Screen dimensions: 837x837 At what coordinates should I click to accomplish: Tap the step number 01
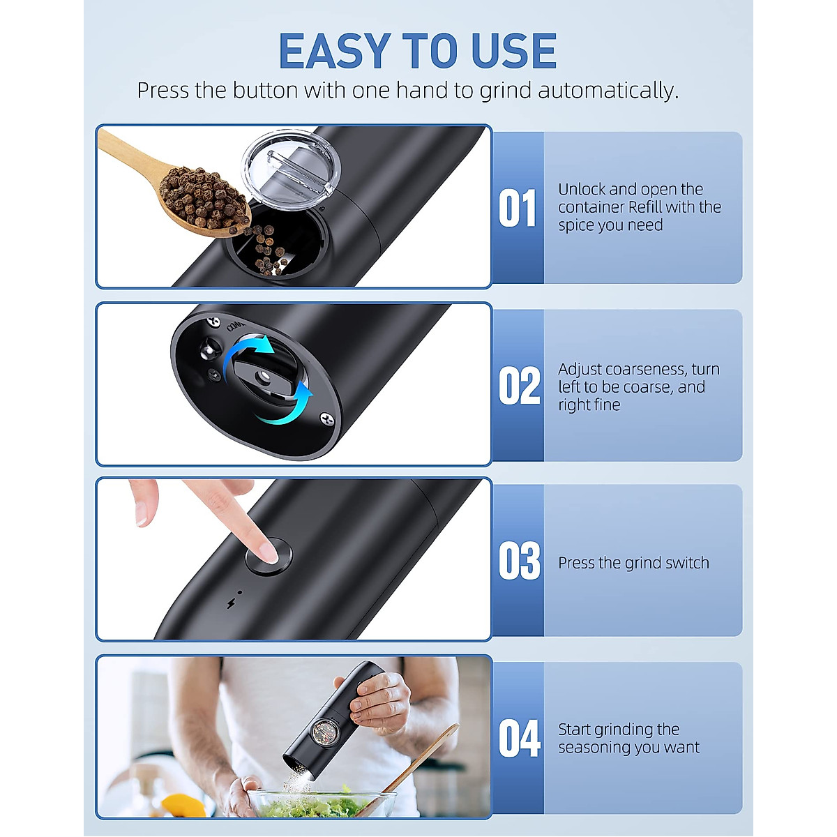point(518,209)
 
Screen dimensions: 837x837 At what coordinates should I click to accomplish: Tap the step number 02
point(519,386)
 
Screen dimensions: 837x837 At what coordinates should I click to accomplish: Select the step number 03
point(519,561)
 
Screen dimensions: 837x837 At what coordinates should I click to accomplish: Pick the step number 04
point(519,739)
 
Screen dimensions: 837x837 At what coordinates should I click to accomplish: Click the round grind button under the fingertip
point(269,557)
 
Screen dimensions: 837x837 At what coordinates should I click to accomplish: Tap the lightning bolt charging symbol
point(231,603)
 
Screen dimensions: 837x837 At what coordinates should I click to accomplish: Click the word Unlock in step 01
point(582,189)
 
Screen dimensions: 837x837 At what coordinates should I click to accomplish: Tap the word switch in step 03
point(686,563)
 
